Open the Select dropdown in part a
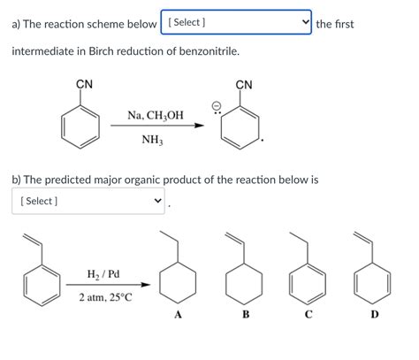point(236,23)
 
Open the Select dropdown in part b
point(88,201)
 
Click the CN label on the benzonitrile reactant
point(84,84)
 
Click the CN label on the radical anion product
point(245,84)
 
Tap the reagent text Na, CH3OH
point(156,115)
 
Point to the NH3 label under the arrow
point(152,139)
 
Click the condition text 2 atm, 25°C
point(105,297)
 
